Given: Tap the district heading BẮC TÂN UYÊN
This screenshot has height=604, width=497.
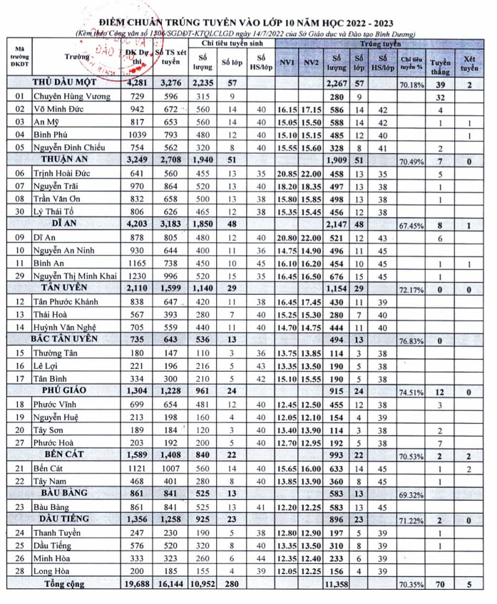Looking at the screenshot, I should [x=69, y=338].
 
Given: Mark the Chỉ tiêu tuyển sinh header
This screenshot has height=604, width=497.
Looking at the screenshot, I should [x=229, y=43].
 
